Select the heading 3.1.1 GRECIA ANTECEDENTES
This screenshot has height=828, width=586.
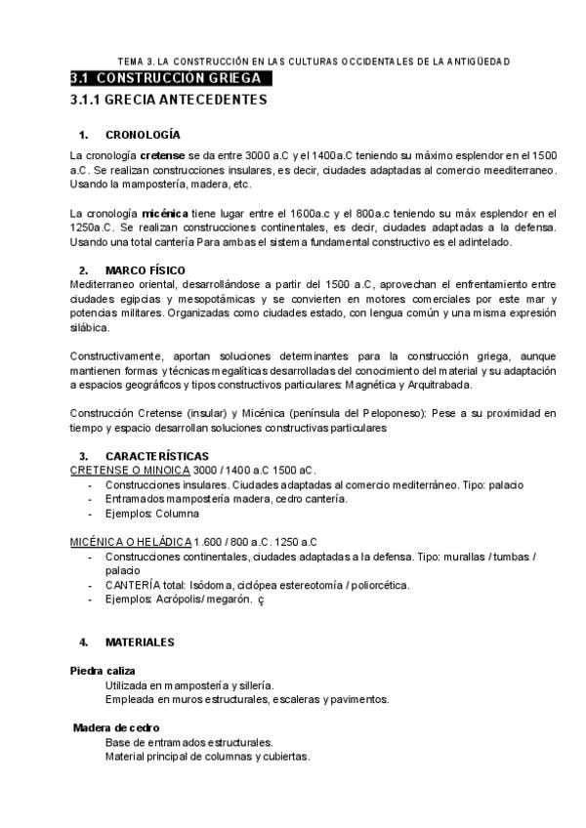[168, 100]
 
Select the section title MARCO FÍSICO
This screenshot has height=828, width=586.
[146, 269]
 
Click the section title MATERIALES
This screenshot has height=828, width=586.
[140, 642]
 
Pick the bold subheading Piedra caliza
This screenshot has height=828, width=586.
[103, 671]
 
